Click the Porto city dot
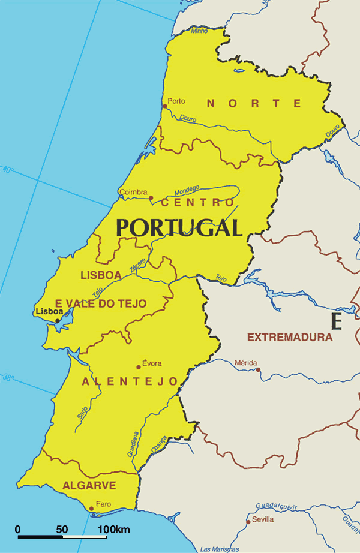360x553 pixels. coord(165,106)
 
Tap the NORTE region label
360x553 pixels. coord(253,103)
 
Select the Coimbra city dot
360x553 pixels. coord(151,197)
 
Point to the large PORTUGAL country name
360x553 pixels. coord(179,227)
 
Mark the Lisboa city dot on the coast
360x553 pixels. coord(58,320)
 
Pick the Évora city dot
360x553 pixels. coord(139,367)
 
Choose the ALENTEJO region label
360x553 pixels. coord(130,381)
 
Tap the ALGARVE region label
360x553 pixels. coord(89,485)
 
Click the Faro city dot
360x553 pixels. coord(91,509)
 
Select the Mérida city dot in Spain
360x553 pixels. coord(259,369)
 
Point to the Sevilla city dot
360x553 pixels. coord(248,522)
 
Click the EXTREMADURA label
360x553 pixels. coord(290,337)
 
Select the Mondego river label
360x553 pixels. coord(187,190)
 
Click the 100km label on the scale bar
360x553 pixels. coord(114,530)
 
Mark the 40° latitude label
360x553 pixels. coord(7,169)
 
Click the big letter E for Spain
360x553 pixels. coord(336,321)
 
